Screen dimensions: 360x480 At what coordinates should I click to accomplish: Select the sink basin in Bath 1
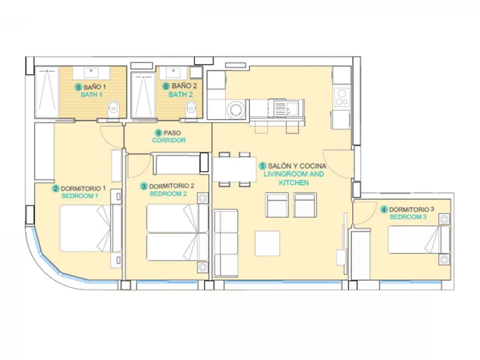[91, 72]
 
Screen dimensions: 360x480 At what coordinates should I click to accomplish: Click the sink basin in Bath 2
[174, 72]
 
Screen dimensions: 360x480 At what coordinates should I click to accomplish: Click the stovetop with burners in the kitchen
[342, 97]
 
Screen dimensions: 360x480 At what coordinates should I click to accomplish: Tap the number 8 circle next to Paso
[158, 133]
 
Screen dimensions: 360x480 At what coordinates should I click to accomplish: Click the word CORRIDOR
[169, 140]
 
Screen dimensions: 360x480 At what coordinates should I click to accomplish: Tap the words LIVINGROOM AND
[294, 174]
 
